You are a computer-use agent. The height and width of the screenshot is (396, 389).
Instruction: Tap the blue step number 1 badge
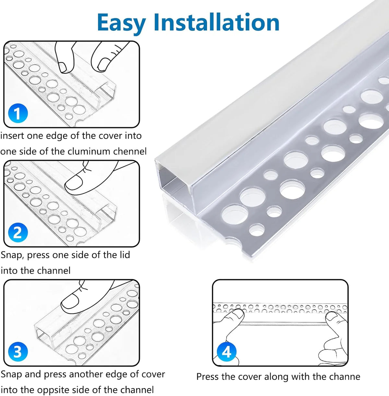[x=18, y=113]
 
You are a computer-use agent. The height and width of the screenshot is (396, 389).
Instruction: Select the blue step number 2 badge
[x=18, y=232]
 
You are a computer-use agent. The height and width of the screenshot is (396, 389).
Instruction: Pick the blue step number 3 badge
[x=18, y=352]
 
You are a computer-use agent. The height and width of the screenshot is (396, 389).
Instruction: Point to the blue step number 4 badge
[x=227, y=352]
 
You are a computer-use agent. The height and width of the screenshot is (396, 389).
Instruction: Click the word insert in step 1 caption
[x=12, y=136]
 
